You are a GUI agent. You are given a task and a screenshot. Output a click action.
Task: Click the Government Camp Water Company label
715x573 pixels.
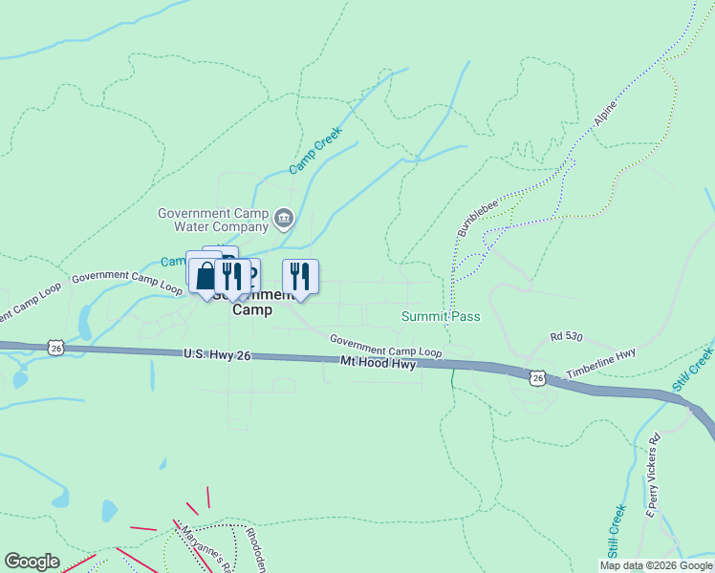pyautogui.click(x=213, y=221)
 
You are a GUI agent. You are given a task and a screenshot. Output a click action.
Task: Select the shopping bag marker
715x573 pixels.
pyautogui.click(x=205, y=276)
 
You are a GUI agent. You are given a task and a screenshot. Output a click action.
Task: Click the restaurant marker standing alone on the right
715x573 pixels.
pyautogui.click(x=300, y=276)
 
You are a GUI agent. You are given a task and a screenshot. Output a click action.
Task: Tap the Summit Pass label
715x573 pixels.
pyautogui.click(x=441, y=316)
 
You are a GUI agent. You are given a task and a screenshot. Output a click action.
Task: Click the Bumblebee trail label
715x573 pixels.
pyautogui.click(x=472, y=219)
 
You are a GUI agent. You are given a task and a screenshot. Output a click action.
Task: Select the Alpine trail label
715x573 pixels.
pyautogui.click(x=605, y=116)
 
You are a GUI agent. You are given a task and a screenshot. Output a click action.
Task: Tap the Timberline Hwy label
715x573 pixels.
pyautogui.click(x=600, y=362)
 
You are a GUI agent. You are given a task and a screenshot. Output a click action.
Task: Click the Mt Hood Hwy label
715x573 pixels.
pyautogui.click(x=379, y=363)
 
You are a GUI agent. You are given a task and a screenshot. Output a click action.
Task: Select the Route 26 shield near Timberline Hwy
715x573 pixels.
pyautogui.click(x=538, y=379)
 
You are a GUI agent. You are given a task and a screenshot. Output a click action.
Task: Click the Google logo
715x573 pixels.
pyautogui.click(x=32, y=561)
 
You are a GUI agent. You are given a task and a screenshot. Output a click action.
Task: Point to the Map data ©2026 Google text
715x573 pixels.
pyautogui.click(x=656, y=565)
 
